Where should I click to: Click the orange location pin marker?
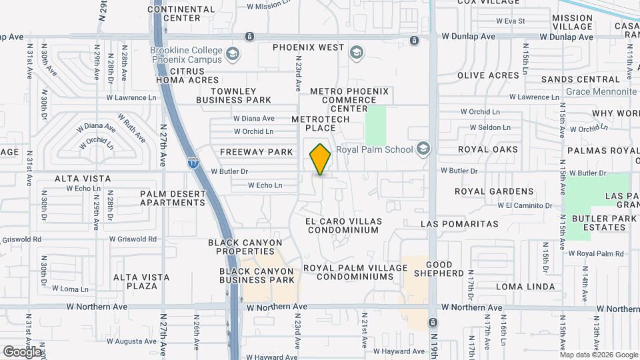coord(320,159)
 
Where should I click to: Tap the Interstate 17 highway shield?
coord(193,162)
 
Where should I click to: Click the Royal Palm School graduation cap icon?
coord(423,149)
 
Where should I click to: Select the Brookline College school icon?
coord(232,54)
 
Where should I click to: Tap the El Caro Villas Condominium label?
coord(342,225)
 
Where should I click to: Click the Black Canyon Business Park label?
coord(257,275)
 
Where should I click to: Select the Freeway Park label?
coord(257,152)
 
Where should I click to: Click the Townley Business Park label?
coord(241,95)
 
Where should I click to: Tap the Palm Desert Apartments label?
coord(173,198)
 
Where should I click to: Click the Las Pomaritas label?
coord(460,224)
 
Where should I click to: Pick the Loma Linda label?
coord(525,287)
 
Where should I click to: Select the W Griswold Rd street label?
coord(133,239)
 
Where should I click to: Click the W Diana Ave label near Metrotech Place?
coord(254,119)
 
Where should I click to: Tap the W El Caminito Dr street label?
coord(520,205)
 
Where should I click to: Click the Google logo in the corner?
coord(23,351)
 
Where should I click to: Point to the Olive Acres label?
coord(488,75)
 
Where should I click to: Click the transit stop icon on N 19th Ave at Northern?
coord(433,307)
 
